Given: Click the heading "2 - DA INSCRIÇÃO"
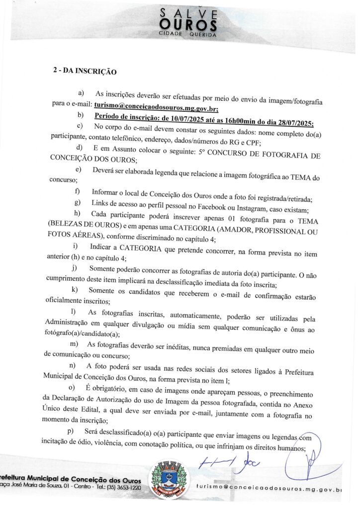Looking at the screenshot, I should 85,72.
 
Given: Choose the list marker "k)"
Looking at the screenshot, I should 75,289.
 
